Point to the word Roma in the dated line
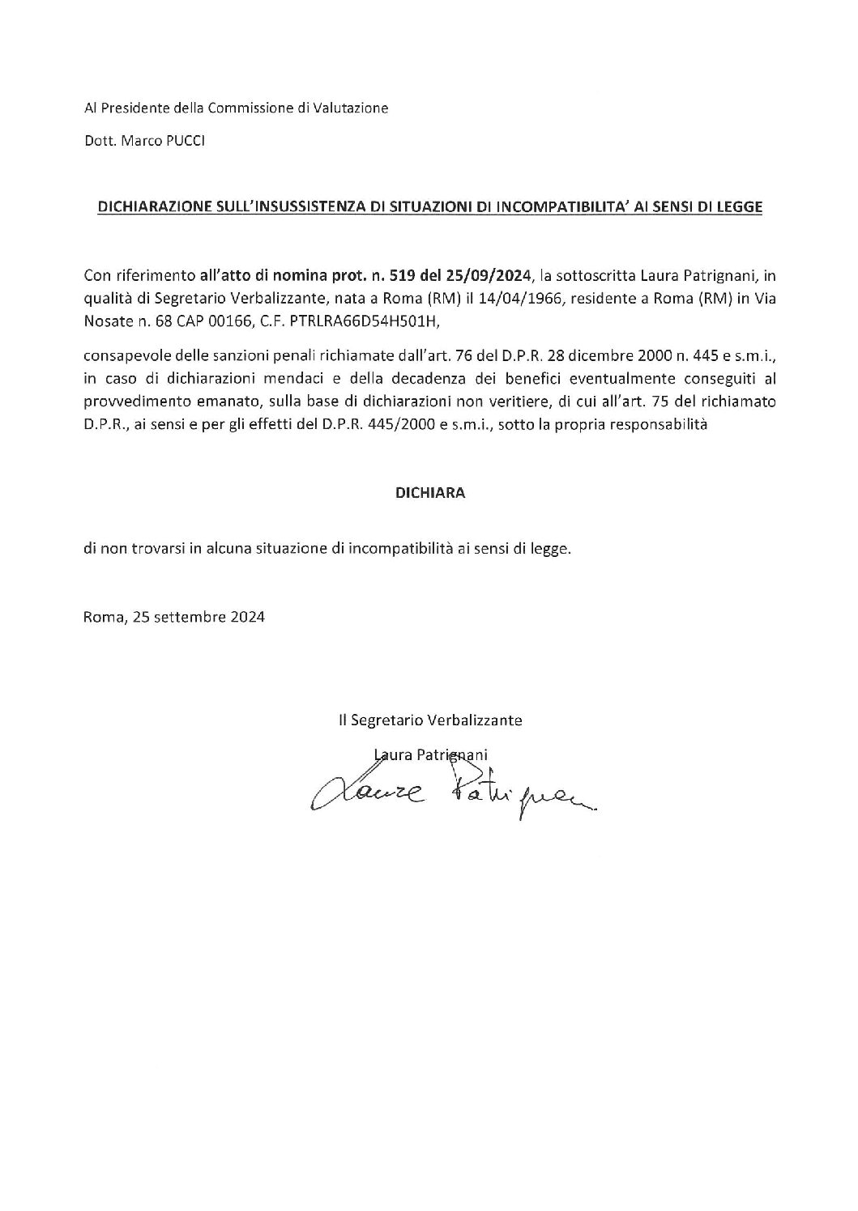(101, 616)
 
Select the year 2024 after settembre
(246, 616)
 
